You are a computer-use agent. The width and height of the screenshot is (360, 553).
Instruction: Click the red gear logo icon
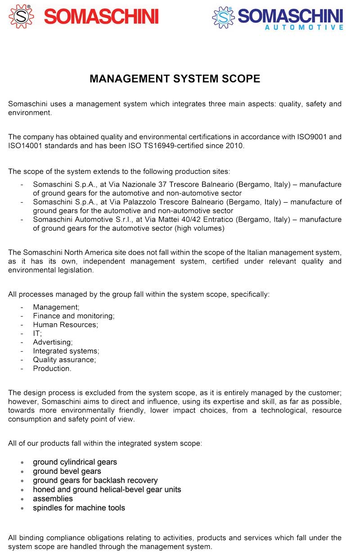click(x=21, y=16)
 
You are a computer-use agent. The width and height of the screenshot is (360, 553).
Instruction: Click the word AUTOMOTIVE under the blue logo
click(x=303, y=27)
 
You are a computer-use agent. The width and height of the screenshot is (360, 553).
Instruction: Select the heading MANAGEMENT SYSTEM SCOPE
click(x=175, y=79)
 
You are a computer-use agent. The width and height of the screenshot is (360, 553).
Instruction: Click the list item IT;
click(x=37, y=333)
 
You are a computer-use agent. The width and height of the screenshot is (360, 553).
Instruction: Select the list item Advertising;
click(x=53, y=342)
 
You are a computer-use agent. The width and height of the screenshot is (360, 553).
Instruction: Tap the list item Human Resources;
click(x=65, y=325)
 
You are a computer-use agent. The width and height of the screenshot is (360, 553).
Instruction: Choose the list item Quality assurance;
click(x=64, y=360)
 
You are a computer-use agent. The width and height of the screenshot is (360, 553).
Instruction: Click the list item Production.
click(x=52, y=368)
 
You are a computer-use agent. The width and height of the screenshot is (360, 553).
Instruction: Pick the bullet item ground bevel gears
click(x=67, y=471)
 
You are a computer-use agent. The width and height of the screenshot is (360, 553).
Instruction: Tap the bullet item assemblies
click(x=53, y=499)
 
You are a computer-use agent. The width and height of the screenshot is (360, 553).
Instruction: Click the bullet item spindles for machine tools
click(x=79, y=508)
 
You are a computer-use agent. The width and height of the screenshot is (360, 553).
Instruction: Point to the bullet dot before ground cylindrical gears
click(x=22, y=462)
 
